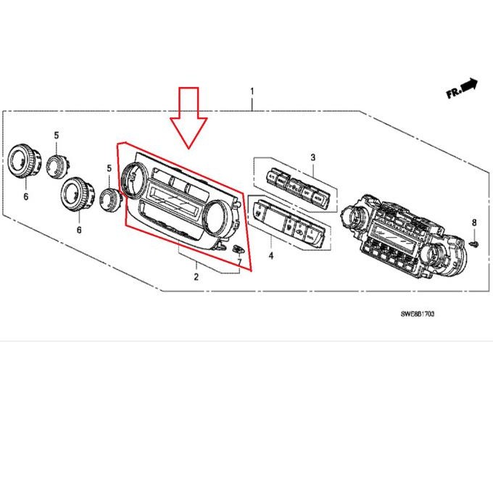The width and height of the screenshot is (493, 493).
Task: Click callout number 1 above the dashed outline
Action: (252, 92)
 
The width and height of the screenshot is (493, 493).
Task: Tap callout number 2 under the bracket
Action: (196, 277)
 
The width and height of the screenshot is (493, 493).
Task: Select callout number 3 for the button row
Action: (313, 157)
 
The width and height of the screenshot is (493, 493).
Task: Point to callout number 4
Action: (270, 256)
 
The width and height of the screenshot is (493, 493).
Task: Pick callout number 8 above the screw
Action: (474, 221)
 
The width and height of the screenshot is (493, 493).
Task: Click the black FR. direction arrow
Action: (470, 86)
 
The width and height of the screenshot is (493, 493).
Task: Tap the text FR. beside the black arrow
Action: (454, 93)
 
